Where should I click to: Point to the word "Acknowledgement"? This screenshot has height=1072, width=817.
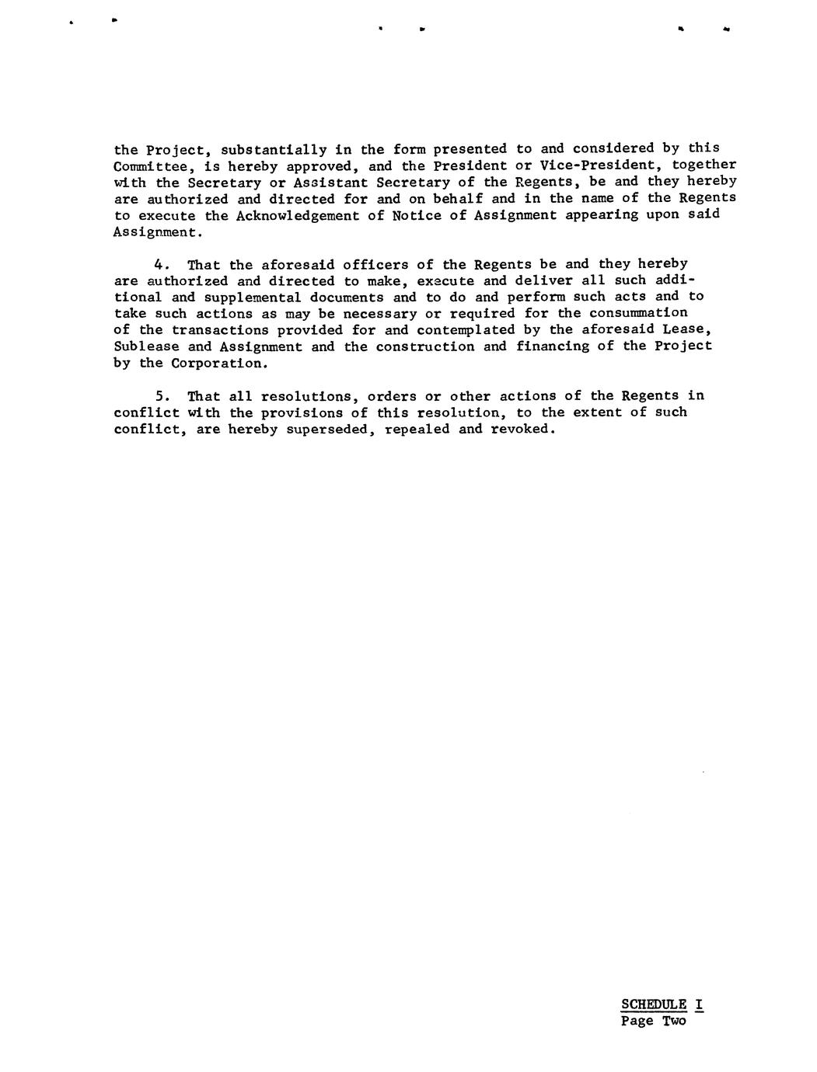pos(298,215)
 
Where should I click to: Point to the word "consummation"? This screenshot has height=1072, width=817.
pos(638,313)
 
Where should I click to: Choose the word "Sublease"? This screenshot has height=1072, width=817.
pos(146,346)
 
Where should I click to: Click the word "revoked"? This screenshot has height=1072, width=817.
pos(522,429)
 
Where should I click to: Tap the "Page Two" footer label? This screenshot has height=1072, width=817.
pos(653,1022)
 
